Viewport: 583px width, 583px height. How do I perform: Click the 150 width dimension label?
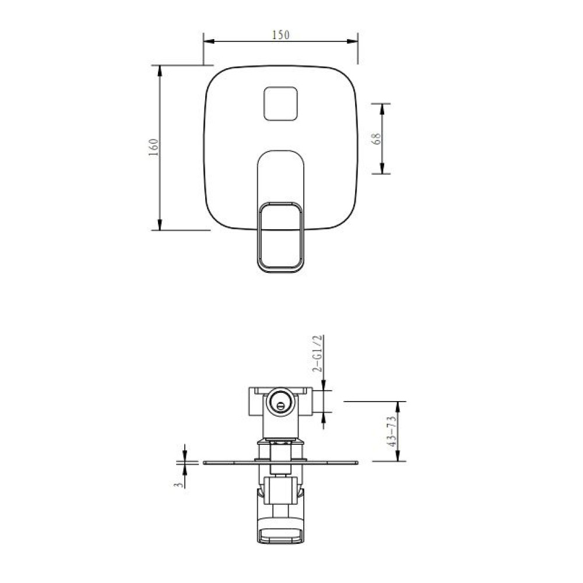point(280,35)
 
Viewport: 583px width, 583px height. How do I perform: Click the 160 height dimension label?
point(153,147)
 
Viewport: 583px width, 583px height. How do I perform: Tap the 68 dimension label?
point(376,139)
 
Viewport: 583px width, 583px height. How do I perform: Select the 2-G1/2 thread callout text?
point(317,354)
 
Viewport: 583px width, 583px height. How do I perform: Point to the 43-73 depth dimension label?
point(391,431)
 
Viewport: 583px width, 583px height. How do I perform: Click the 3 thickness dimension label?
point(179,485)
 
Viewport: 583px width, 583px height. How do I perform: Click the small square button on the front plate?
point(281,104)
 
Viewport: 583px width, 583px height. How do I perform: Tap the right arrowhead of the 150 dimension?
point(352,41)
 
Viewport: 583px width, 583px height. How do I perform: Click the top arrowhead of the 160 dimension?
point(160,71)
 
